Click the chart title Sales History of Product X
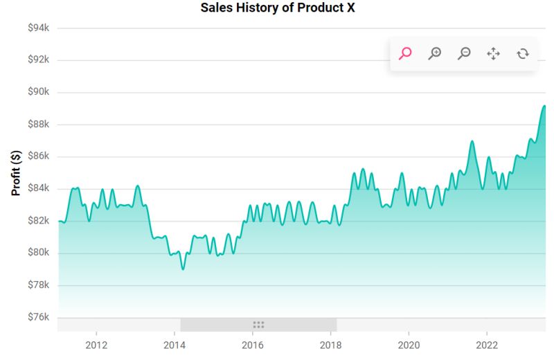(277, 8)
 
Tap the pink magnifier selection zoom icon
(406, 53)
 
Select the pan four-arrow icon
(493, 53)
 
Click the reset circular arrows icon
(523, 53)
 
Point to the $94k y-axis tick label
(37, 28)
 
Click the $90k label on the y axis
(37, 92)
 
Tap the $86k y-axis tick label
(37, 156)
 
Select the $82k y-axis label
(37, 221)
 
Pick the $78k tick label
(37, 285)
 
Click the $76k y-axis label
(37, 317)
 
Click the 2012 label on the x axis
(96, 345)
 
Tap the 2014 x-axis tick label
(175, 345)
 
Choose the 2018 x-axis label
(331, 345)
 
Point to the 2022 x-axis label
(487, 345)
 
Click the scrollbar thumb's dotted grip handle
(258, 325)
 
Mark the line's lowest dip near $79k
(183, 269)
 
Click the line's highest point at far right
(544, 106)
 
